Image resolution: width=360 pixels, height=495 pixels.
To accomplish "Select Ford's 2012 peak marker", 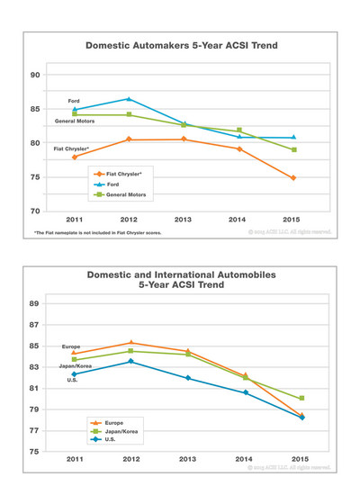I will coord(130,99).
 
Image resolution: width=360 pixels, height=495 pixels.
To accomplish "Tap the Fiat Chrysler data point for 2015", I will coord(293,178).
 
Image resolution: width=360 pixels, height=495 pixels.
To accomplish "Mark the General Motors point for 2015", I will coord(293,149).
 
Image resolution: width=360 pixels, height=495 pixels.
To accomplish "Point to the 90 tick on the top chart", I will coord(37,75).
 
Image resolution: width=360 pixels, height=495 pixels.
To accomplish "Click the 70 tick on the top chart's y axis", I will coord(37,211).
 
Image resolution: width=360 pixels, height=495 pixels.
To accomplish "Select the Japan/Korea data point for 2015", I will coord(301,398).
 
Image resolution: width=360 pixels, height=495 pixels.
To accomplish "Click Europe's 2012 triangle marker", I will coord(131,343).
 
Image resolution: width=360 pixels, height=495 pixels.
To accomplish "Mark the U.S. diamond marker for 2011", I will coord(75,373).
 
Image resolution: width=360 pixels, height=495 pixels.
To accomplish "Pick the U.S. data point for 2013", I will coord(187,378).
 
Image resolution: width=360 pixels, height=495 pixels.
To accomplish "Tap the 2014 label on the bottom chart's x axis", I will coord(244,460).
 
